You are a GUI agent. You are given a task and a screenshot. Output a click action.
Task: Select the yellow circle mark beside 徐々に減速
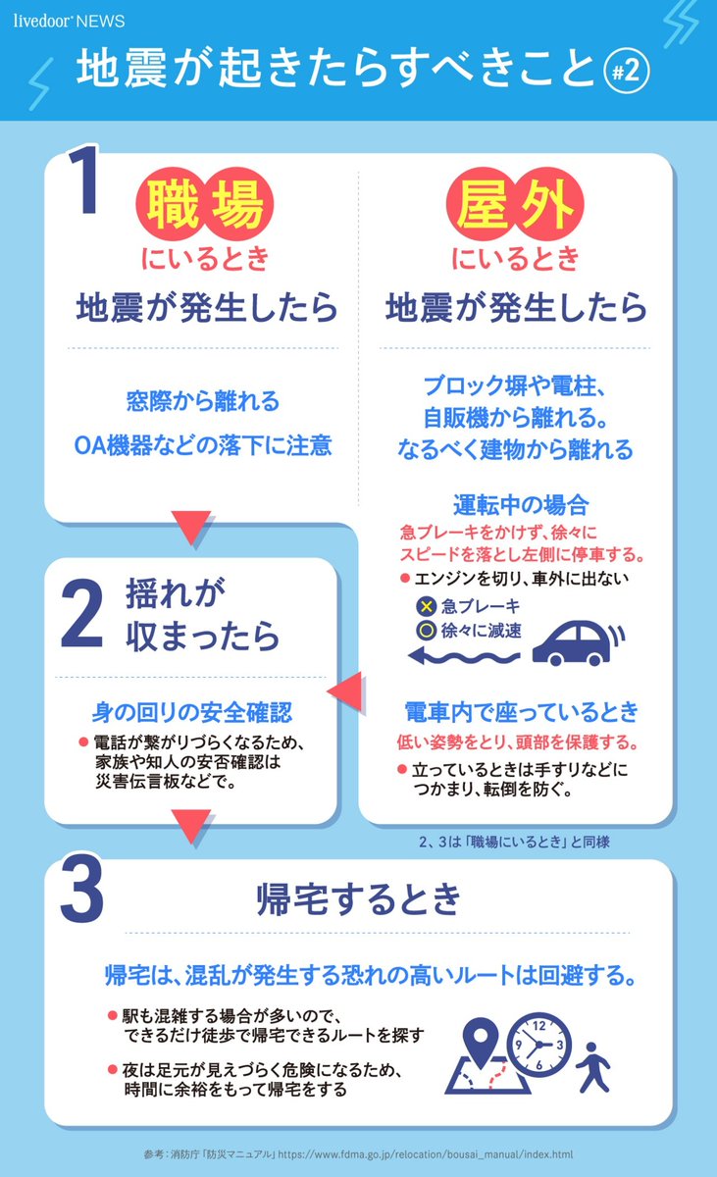click(427, 631)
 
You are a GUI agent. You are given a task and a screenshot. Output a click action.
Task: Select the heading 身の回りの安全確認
click(192, 710)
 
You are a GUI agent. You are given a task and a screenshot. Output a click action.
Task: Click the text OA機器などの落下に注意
click(204, 446)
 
